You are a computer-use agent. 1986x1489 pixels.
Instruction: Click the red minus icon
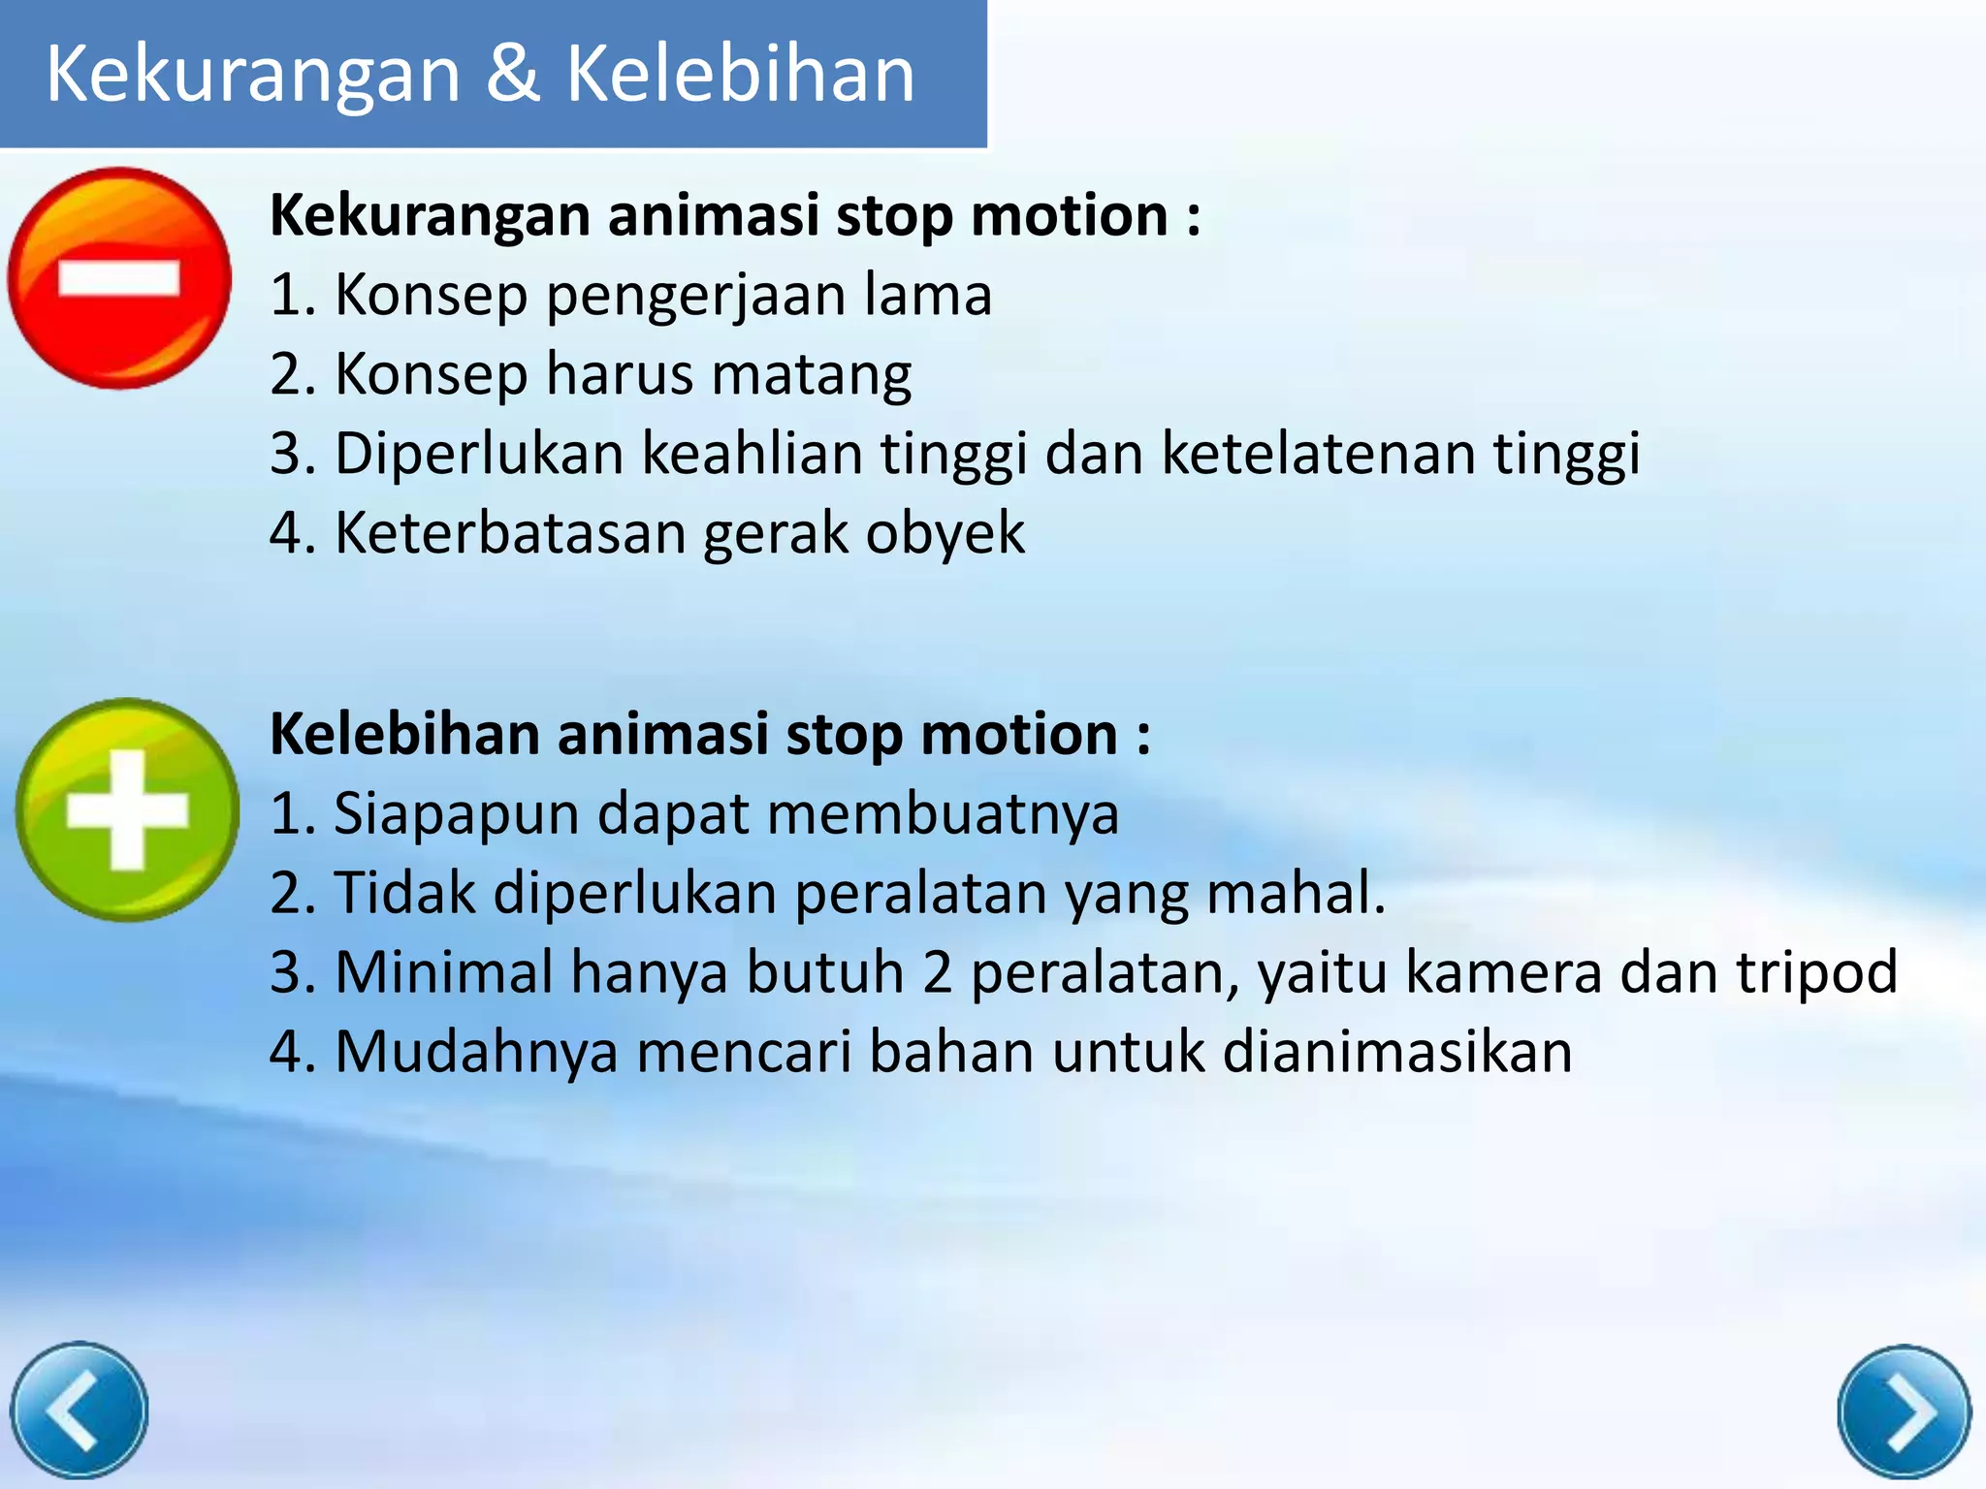[119, 278]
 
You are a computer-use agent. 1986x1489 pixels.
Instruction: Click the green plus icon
[127, 809]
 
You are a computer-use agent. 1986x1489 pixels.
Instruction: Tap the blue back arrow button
[79, 1410]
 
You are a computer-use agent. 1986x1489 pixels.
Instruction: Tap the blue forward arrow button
[1905, 1412]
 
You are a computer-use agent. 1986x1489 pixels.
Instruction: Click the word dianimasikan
[1396, 1052]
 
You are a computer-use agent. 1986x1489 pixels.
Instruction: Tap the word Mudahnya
[476, 1052]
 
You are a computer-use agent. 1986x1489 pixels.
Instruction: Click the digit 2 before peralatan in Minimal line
[937, 972]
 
